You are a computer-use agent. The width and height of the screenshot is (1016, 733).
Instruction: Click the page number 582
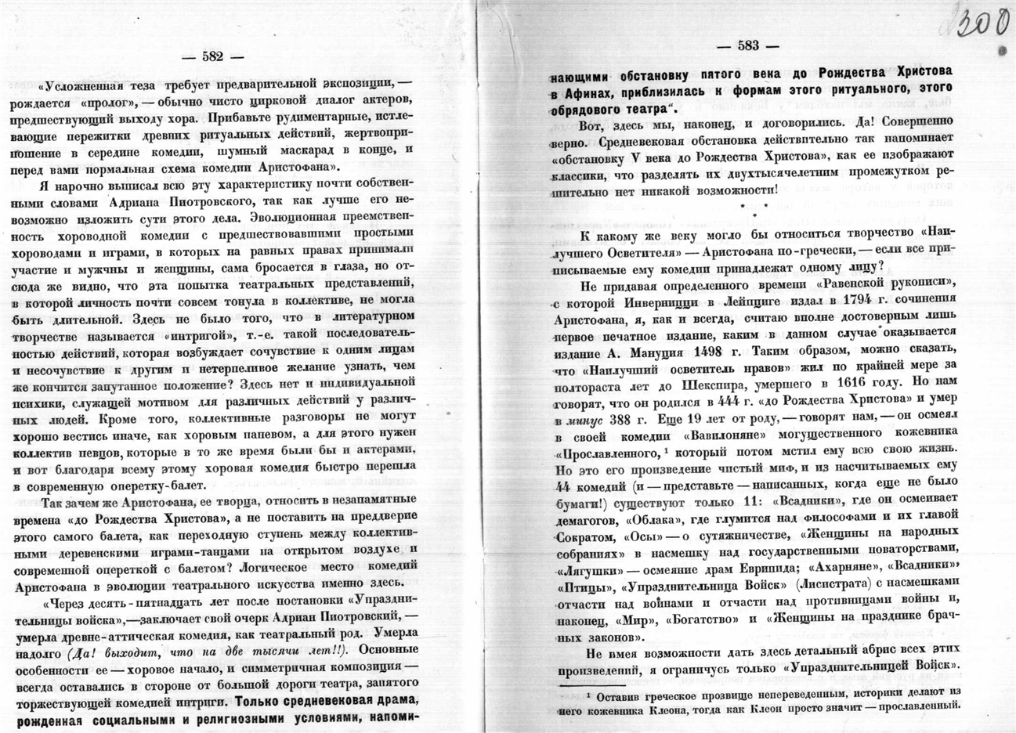pos(212,56)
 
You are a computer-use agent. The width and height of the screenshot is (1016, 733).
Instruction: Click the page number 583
pos(748,45)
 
